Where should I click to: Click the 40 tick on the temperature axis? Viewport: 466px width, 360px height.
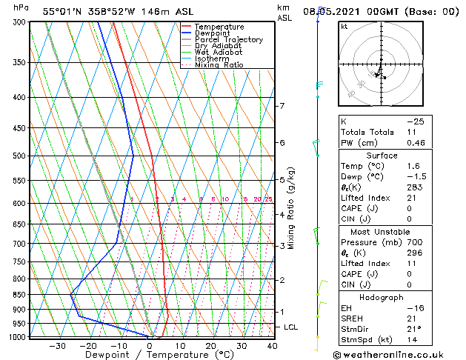(272, 346)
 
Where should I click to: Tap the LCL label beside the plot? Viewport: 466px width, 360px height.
(291, 327)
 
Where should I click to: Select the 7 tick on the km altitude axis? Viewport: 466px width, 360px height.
(282, 106)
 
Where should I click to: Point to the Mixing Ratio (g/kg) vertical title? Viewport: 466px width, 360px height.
(291, 208)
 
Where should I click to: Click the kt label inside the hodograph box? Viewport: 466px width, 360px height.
(344, 26)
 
